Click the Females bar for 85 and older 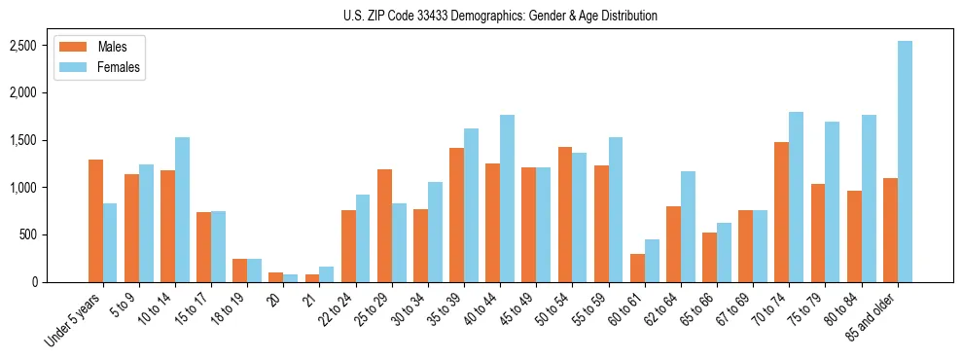click(x=905, y=162)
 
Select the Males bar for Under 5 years click(x=95, y=221)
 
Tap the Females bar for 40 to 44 click(x=507, y=198)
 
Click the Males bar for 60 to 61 click(x=637, y=268)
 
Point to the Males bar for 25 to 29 click(x=384, y=226)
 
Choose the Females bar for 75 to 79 click(x=832, y=202)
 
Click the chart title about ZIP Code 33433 click(x=500, y=16)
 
